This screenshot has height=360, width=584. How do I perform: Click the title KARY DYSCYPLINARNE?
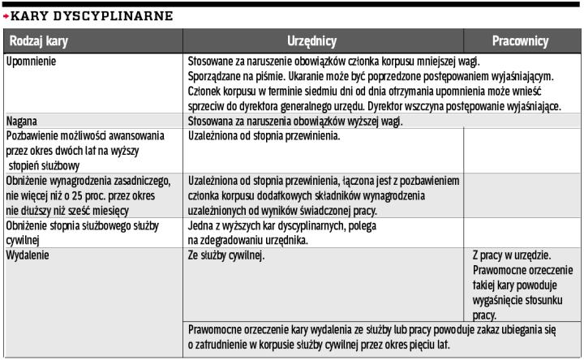pos(91,15)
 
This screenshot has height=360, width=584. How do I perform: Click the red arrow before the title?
pos(6,15)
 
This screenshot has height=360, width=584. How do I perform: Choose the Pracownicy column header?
pos(520,41)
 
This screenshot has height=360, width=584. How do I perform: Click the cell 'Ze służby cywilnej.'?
pos(226,255)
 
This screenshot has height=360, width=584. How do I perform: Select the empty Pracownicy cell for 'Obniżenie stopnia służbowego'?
pos(523,232)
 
